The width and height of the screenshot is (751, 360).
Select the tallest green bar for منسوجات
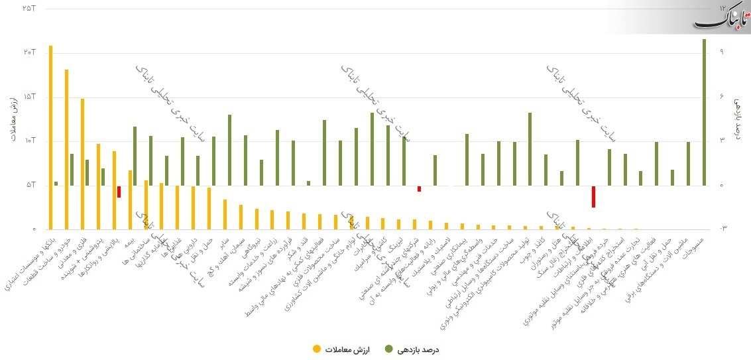(704, 112)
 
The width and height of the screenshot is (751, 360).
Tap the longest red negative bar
(593, 196)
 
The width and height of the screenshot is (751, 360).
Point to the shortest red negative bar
(419, 189)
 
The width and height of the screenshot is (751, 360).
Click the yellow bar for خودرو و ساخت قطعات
(67, 149)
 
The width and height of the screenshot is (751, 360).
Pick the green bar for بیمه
(135, 156)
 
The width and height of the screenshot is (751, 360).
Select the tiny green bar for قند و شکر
(309, 183)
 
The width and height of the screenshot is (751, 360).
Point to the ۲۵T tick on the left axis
(28, 8)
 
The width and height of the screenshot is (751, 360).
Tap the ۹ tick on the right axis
(722, 52)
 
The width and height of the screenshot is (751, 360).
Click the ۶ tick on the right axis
(722, 97)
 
